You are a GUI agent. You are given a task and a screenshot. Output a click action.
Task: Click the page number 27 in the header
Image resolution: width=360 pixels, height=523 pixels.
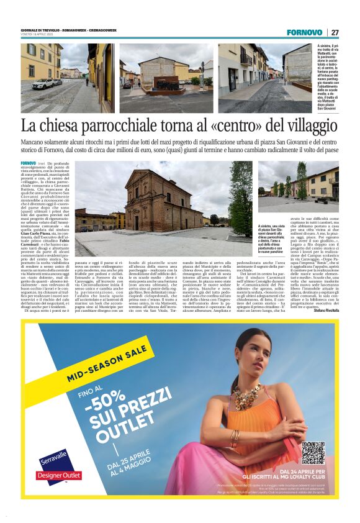[x=334, y=32]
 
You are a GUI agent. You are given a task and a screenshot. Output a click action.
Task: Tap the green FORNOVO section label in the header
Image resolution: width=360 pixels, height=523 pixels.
[x=304, y=32]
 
